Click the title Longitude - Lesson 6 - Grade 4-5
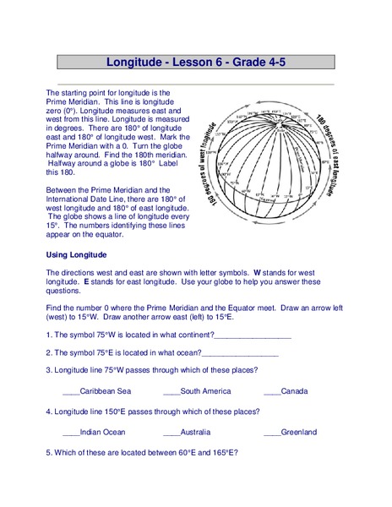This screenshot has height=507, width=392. coord(195,62)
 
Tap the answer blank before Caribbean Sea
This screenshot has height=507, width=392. coord(71,392)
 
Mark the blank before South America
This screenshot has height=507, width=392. coord(171,392)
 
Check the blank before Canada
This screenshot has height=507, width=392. coord(272,392)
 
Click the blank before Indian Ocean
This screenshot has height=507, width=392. coord(71,433)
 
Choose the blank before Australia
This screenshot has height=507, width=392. coord(171,433)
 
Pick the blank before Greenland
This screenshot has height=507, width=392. coord(272,433)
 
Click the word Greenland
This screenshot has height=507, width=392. coord(299,432)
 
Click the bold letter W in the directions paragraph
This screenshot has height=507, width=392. coord(258,273)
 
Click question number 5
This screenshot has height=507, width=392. coord(49,452)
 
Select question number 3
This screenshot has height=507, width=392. coord(49,370)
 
